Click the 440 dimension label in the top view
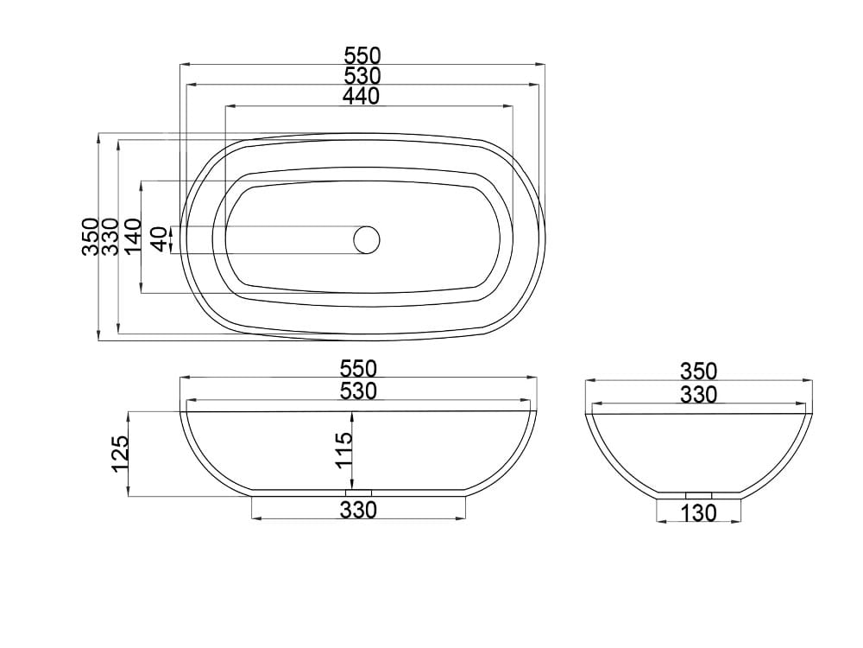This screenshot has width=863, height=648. pyautogui.click(x=361, y=97)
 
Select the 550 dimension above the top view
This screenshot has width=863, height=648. pyautogui.click(x=362, y=55)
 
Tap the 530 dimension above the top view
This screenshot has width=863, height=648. pyautogui.click(x=362, y=76)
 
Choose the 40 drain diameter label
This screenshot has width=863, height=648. pyautogui.click(x=159, y=239)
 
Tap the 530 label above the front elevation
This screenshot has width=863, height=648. pyautogui.click(x=358, y=391)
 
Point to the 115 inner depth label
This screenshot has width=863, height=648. pyautogui.click(x=343, y=451)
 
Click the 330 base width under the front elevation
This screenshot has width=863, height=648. pyautogui.click(x=358, y=511)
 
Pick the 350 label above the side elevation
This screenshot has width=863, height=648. pyautogui.click(x=698, y=372)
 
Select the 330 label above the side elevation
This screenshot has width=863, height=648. pyautogui.click(x=698, y=395)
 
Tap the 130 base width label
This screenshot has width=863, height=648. pyautogui.click(x=698, y=513)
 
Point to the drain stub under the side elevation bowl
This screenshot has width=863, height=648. pyautogui.click(x=698, y=494)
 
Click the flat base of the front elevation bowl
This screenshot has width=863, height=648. pyautogui.click(x=293, y=493)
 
